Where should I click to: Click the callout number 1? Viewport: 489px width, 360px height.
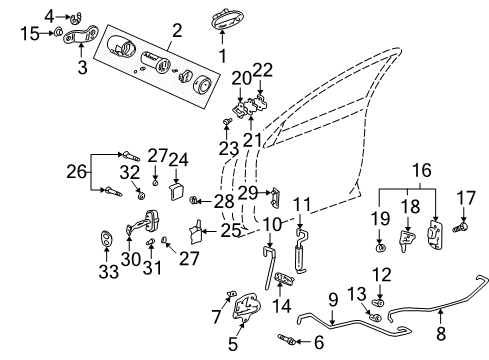point(222,55)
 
